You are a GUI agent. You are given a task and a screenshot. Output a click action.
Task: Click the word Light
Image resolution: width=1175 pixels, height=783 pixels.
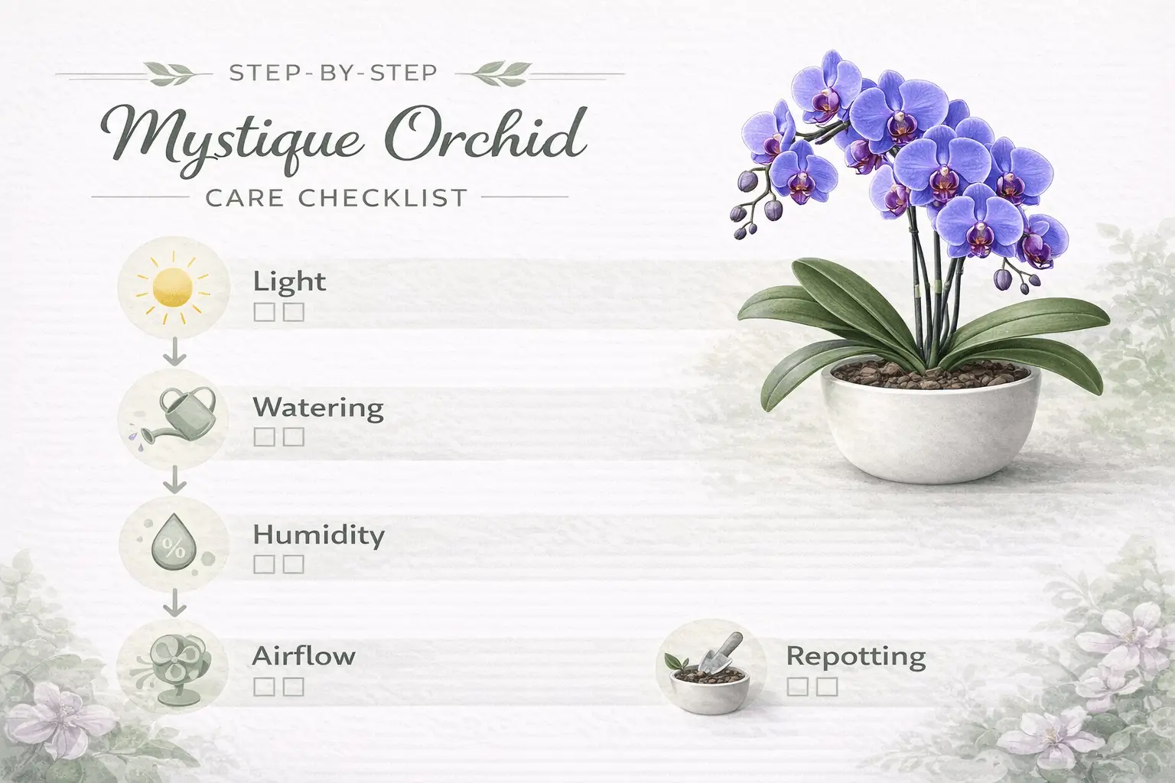click(289, 281)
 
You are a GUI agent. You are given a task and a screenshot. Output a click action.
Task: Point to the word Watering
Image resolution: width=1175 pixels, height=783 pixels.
click(318, 407)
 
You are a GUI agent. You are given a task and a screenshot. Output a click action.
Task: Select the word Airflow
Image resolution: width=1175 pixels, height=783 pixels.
click(304, 655)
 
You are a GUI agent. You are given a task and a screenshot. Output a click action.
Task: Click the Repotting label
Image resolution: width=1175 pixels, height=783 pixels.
click(856, 655)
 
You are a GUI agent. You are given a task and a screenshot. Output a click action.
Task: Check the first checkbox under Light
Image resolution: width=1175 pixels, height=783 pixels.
click(262, 312)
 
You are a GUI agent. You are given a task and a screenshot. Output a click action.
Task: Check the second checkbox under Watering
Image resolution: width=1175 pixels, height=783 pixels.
click(295, 437)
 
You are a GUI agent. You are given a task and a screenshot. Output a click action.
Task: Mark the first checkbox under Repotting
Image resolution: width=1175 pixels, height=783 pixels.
click(796, 687)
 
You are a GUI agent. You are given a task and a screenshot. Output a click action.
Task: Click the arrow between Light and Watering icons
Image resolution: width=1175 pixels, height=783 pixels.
click(174, 353)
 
